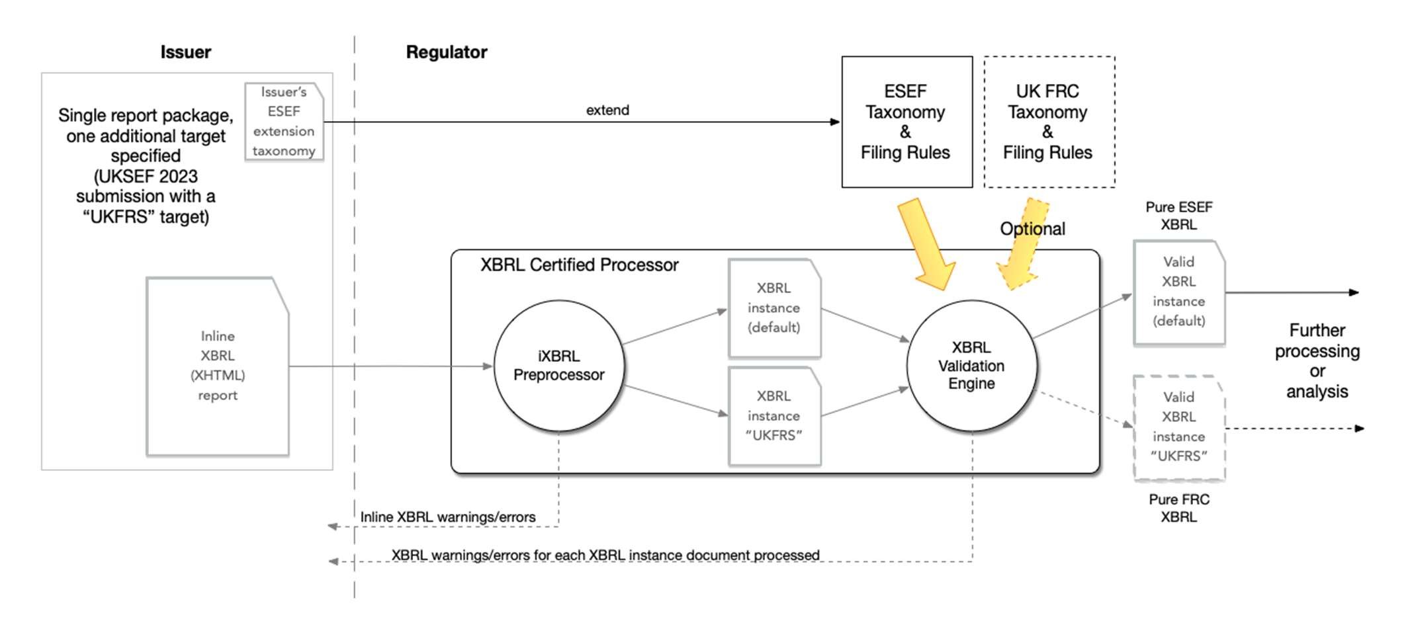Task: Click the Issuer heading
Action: coord(185,52)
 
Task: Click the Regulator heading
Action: coord(446,52)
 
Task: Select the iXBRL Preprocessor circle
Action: coord(558,366)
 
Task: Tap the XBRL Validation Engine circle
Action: coord(971,366)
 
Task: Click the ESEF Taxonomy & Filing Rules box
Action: coord(906,122)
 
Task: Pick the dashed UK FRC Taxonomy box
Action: coord(1049,122)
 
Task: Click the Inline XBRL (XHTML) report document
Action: coord(217,366)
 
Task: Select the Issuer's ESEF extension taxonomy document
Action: coord(284,122)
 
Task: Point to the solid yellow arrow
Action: coord(926,245)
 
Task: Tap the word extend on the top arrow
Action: coord(607,110)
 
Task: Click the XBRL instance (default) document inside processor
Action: coord(773,308)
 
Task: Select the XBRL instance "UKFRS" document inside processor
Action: coord(773,416)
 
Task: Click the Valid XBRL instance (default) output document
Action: coord(1178,292)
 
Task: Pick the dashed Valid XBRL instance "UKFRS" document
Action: coord(1178,427)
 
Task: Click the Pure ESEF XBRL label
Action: coord(1178,216)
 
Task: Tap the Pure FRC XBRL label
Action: coord(1178,508)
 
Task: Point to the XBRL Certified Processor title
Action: coord(579,265)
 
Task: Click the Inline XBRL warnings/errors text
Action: coord(447,517)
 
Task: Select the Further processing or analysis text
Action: coord(1316,360)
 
